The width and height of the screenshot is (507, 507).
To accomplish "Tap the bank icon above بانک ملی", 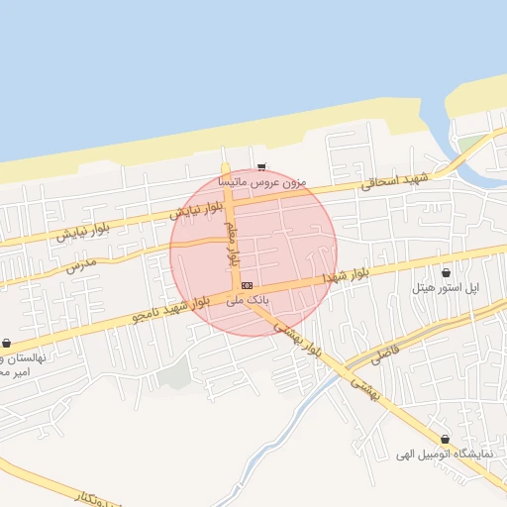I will [x=247, y=285].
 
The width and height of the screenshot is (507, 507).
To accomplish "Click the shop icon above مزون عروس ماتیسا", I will [x=261, y=166].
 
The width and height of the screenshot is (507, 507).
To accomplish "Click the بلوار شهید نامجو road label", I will [x=171, y=307].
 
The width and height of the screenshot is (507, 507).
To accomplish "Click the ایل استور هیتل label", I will [x=446, y=287].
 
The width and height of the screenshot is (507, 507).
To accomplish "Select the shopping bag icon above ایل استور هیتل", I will [x=446, y=272].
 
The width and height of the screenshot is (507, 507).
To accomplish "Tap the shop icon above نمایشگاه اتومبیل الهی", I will [x=444, y=439].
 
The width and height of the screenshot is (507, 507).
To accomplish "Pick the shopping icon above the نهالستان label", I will [x=6, y=343].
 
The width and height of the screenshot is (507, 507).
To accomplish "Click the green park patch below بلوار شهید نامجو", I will [x=174, y=374].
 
